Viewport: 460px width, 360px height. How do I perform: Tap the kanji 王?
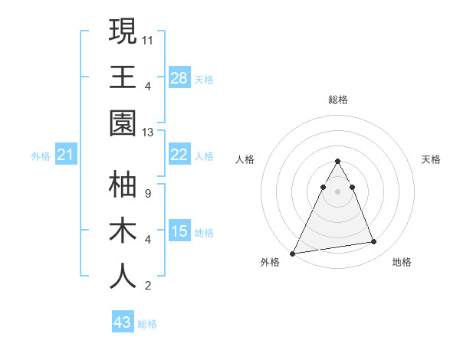[123, 77]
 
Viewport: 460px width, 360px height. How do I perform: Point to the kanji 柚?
[123, 185]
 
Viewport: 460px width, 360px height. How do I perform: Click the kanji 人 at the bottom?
[123, 277]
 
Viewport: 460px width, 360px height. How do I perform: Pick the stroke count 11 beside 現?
[148, 39]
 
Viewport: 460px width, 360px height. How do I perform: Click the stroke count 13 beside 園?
[148, 133]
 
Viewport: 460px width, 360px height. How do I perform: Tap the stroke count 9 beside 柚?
[147, 193]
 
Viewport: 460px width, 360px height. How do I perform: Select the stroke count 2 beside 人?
[147, 286]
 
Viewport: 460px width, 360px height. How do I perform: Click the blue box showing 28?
[179, 77]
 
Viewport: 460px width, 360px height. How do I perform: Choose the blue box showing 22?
[179, 155]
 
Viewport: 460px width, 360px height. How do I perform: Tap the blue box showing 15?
[179, 231]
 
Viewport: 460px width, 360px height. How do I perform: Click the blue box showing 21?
[66, 155]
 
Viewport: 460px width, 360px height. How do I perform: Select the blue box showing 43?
[123, 322]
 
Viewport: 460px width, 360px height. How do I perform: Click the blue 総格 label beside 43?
[147, 324]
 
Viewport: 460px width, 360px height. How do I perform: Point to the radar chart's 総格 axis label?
[337, 100]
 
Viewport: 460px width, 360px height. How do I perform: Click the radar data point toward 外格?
[293, 253]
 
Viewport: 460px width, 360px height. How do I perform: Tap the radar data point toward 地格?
[374, 242]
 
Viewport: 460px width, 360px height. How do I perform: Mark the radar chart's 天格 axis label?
[432, 159]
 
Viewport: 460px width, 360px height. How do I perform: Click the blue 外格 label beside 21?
[41, 156]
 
